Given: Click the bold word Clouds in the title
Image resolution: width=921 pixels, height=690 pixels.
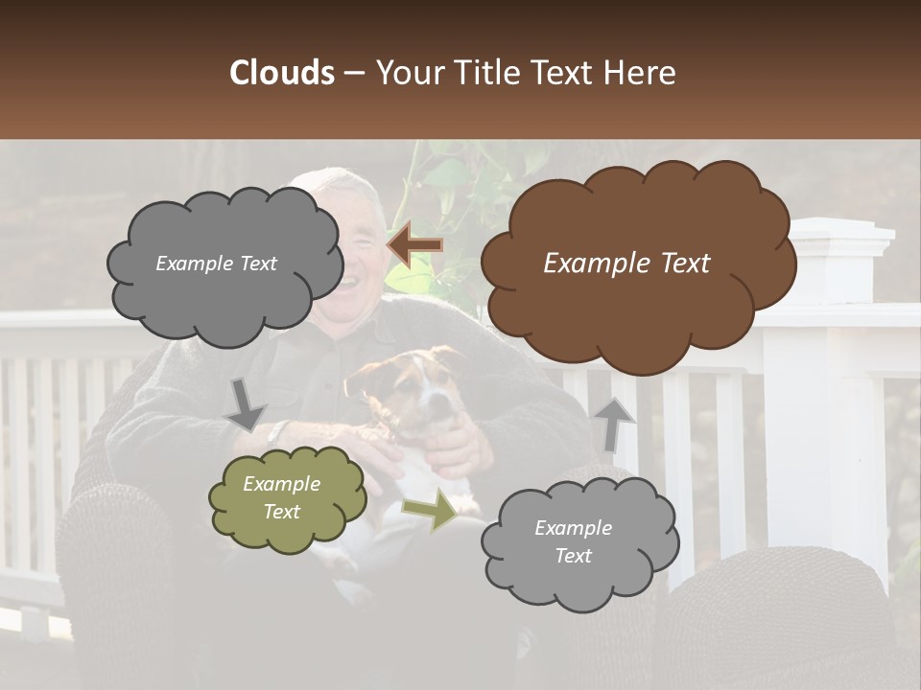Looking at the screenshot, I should click(282, 73).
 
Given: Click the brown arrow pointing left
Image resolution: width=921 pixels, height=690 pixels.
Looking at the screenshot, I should click(414, 244).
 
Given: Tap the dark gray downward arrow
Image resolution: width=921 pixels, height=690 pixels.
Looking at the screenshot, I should click(246, 403).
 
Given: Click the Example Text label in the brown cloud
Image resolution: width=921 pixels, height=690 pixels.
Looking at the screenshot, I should click(626, 264).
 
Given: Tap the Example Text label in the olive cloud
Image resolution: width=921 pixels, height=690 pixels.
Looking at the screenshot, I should click(282, 498).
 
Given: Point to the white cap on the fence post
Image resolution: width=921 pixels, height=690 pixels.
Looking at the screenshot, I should click(840, 230).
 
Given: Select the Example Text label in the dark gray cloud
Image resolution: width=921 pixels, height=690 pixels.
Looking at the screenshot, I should click(216, 264).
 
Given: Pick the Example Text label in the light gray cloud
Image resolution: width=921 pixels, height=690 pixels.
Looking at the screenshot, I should click(573, 541).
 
